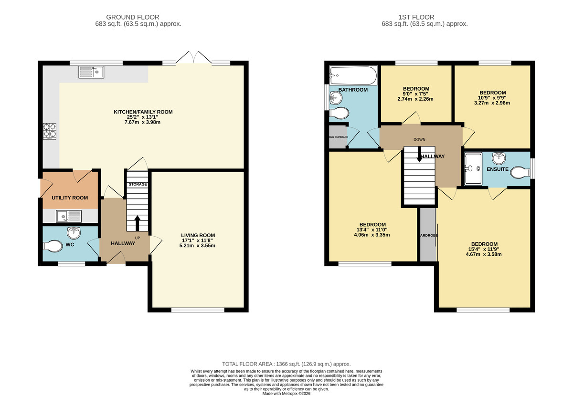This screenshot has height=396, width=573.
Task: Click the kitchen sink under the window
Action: pos(92,72)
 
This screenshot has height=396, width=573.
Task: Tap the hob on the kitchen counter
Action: pos(50,131)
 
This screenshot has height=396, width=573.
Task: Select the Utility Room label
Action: pos(70,198)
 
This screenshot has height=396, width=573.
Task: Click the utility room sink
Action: pos(69,217)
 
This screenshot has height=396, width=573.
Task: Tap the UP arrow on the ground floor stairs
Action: pos(138,222)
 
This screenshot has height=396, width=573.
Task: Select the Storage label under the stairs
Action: pos(137,184)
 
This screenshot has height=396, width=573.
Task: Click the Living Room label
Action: pos(198,235)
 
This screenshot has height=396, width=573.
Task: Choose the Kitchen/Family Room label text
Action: pos(143,112)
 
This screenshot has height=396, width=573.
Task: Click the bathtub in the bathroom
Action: pos(353,75)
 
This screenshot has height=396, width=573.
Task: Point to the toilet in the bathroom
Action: pos(340,113)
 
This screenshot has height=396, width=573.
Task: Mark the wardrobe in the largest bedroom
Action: pos(428,235)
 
